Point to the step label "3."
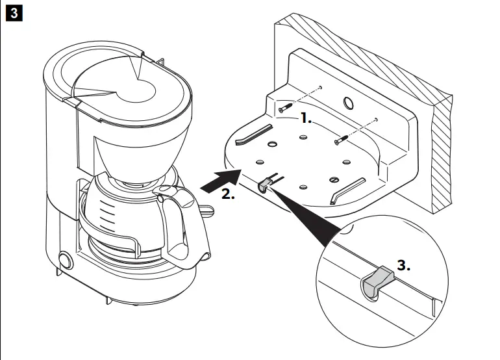coord(404,266)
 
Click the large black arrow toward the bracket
coord(218,181)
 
